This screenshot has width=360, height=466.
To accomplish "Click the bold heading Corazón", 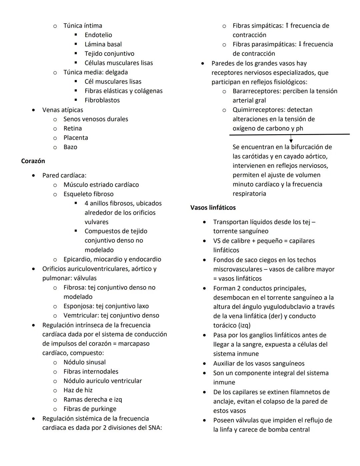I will (33, 161).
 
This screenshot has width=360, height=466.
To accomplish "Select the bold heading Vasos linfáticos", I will (213, 207).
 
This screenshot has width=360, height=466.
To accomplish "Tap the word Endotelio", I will (98, 35).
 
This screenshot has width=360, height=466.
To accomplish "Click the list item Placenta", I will (76, 138).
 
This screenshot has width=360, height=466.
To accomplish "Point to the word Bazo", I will (70, 147).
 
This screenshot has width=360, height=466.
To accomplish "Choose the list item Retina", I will (73, 128).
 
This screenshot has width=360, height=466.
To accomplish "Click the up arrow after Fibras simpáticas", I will (287, 25).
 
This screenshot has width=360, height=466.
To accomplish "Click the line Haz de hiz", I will (78, 390).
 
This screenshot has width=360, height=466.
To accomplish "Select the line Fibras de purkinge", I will (90, 409).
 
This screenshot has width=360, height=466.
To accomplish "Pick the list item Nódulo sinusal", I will (85, 362).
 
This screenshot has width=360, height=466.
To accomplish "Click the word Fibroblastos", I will (102, 100).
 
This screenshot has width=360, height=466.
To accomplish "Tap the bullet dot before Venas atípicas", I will (33, 110).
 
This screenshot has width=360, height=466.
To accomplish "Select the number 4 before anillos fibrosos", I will (86, 203).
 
